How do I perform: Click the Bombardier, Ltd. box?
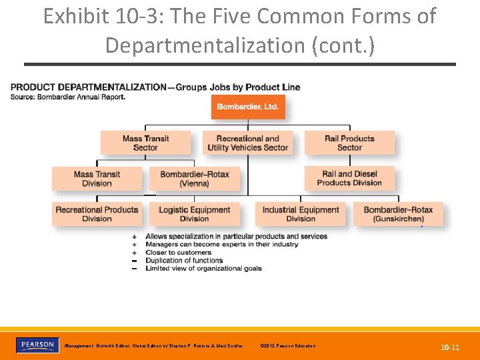click(x=248, y=107)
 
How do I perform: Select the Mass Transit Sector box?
click(x=145, y=143)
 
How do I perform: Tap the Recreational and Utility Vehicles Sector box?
click(x=248, y=143)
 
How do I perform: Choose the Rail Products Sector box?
click(x=349, y=143)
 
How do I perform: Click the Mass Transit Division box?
click(x=97, y=179)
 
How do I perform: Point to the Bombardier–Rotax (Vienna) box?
click(x=194, y=179)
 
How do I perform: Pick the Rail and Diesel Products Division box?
click(x=349, y=178)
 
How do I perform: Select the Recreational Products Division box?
click(x=97, y=214)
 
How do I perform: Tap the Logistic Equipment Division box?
click(x=194, y=214)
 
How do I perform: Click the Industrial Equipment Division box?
click(x=301, y=214)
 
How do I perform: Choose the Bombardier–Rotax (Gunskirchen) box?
click(x=398, y=214)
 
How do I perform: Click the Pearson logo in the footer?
click(x=37, y=345)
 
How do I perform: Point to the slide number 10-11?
click(x=450, y=347)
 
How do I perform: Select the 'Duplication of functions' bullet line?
click(x=184, y=261)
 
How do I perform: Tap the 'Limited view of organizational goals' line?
click(x=203, y=269)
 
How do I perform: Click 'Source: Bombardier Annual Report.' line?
click(x=68, y=97)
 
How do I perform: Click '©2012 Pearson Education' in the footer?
click(x=289, y=346)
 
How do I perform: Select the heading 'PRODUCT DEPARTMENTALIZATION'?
click(x=89, y=87)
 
